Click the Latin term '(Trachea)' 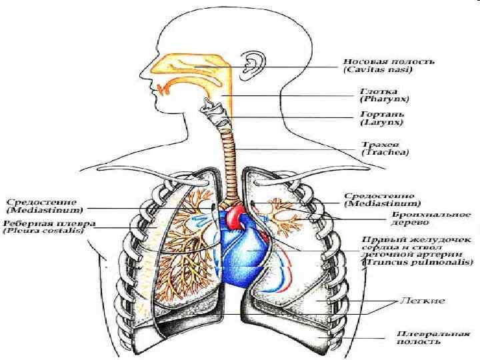[385, 153]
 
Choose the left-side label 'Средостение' [41, 201]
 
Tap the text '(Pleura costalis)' [42, 231]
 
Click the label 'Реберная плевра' [49, 223]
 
